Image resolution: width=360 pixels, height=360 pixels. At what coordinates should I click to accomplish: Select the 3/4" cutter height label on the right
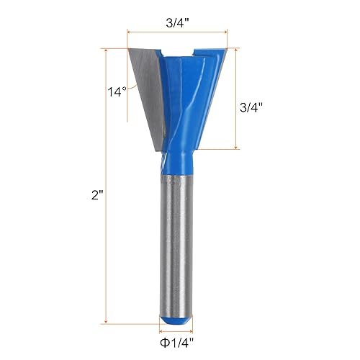251,107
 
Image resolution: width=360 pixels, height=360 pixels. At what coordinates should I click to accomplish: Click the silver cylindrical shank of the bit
177,238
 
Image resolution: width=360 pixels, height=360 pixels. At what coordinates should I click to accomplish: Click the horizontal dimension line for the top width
177,32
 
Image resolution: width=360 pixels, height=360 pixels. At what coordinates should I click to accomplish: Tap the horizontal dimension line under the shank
177,325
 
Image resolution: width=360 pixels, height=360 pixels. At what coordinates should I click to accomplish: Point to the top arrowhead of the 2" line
106,51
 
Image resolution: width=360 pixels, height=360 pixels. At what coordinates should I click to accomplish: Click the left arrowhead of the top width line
130,32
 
